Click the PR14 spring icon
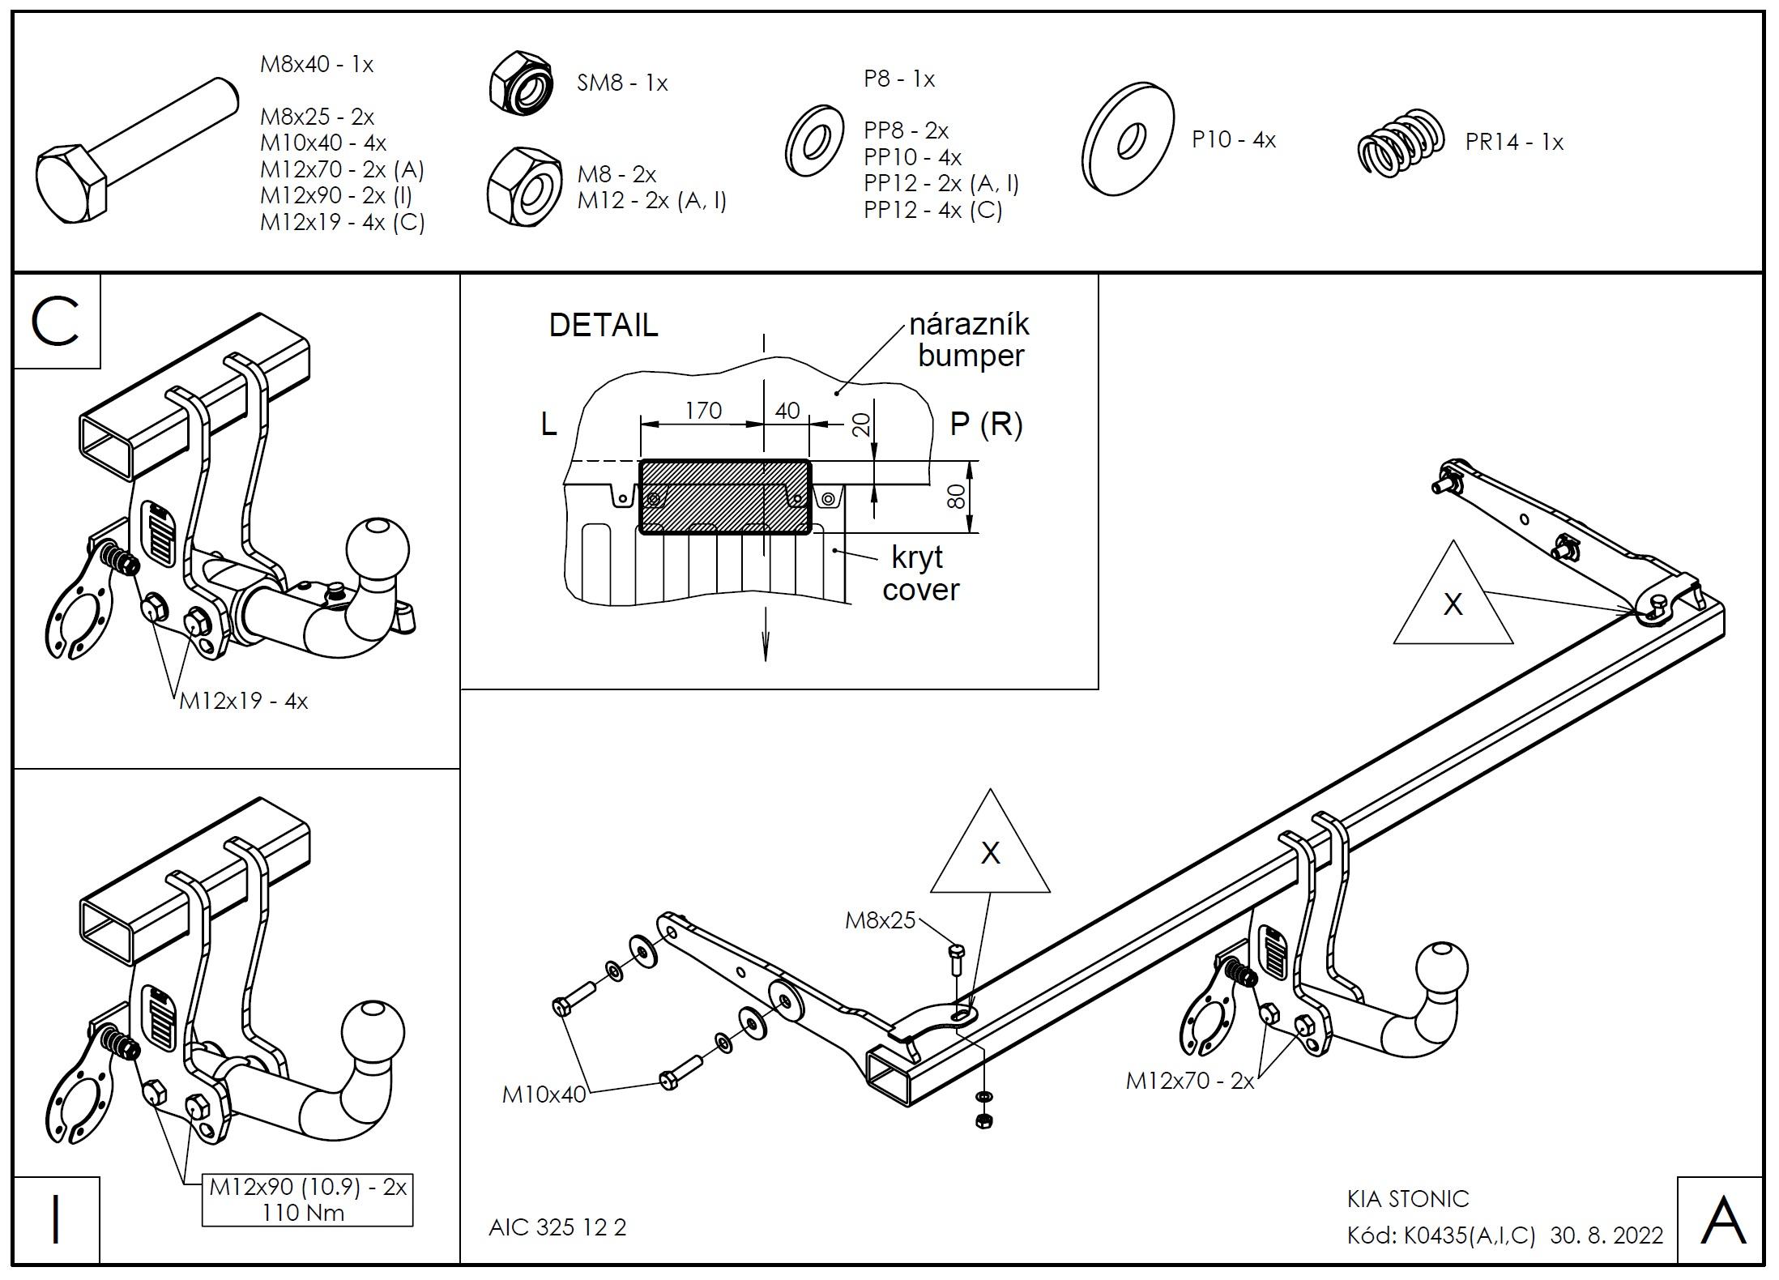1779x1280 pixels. pyautogui.click(x=1401, y=143)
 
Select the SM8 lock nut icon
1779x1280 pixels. pyautogui.click(x=521, y=82)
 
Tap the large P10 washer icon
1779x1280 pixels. pyautogui.click(x=1127, y=139)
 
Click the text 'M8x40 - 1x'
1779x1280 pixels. pyautogui.click(x=316, y=65)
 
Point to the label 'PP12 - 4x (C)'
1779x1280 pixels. pyautogui.click(x=932, y=211)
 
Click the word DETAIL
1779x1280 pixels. pyautogui.click(x=604, y=326)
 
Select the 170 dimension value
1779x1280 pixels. pyautogui.click(x=702, y=412)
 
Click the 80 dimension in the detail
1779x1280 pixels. pyautogui.click(x=957, y=497)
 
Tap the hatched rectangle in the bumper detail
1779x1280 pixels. pyautogui.click(x=724, y=497)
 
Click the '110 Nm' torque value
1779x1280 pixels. pyautogui.click(x=303, y=1214)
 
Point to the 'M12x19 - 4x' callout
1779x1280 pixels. pyautogui.click(x=243, y=702)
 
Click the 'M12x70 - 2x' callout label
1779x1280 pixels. pyautogui.click(x=1189, y=1081)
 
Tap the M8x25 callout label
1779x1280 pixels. pyautogui.click(x=880, y=920)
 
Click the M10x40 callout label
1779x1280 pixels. pyautogui.click(x=544, y=1094)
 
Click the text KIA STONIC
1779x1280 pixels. pyautogui.click(x=1408, y=1199)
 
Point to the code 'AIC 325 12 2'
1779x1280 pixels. pyautogui.click(x=557, y=1228)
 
